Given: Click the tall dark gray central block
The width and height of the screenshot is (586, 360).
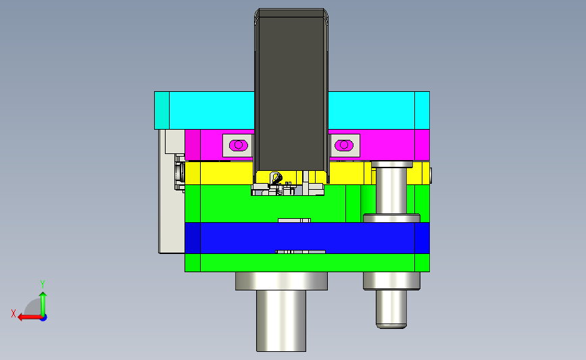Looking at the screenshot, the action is click(x=291, y=93).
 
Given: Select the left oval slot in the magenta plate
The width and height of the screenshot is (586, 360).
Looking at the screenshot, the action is click(x=238, y=145).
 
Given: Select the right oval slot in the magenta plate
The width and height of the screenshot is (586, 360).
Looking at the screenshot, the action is click(x=344, y=145).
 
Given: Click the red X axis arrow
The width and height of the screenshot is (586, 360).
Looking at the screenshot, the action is click(x=30, y=317).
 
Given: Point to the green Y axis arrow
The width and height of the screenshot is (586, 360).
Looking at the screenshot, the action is click(x=43, y=304).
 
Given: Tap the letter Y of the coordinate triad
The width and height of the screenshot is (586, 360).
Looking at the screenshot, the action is click(x=43, y=284).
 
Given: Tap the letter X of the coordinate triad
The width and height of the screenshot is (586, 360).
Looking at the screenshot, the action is click(x=14, y=313).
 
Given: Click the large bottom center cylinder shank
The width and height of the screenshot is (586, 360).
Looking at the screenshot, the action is click(x=281, y=321).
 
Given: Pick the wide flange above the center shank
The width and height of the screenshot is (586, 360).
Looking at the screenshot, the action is click(x=281, y=281).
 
